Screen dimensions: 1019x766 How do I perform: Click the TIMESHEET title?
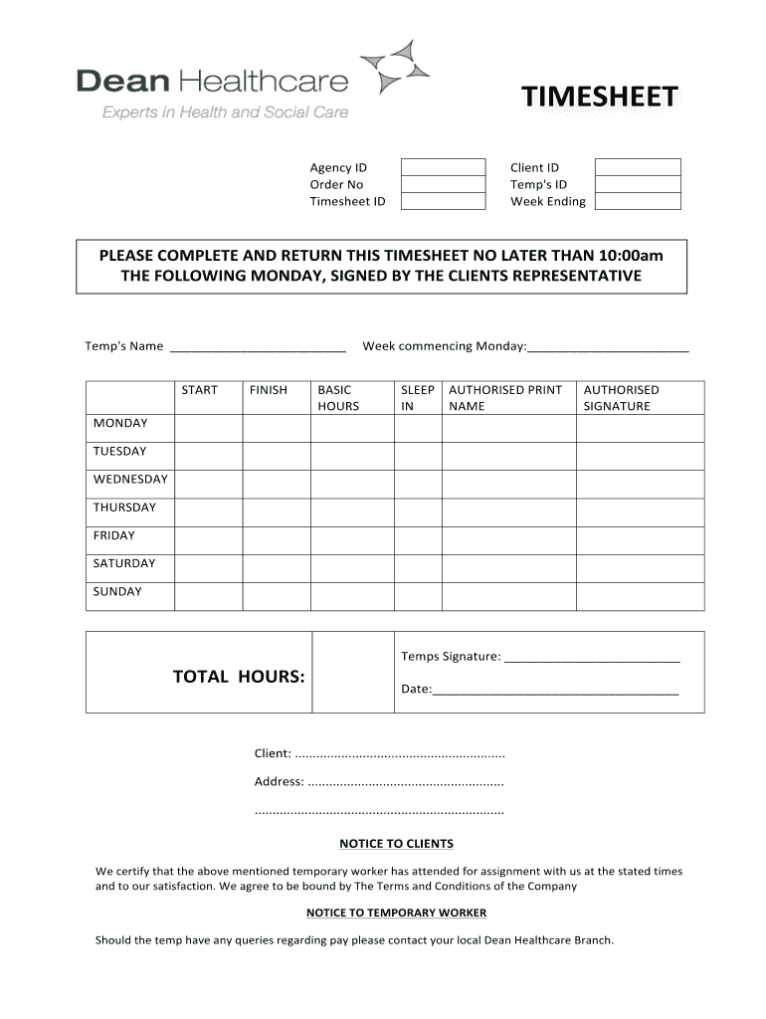[601, 98]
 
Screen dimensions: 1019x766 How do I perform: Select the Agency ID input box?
[443, 167]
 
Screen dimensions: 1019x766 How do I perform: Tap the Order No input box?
[443, 184]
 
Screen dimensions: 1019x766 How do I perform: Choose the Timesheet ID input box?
[443, 201]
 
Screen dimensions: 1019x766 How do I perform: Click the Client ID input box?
[638, 167]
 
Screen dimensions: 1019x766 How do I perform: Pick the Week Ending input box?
[638, 201]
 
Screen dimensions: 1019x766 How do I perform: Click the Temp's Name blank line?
[259, 346]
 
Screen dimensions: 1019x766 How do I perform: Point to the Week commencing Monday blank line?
[608, 346]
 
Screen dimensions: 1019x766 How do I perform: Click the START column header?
[199, 390]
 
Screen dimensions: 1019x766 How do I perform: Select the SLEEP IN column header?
[417, 398]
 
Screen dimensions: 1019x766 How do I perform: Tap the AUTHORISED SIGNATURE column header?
[621, 398]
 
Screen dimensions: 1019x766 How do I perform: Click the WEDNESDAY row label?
[130, 480]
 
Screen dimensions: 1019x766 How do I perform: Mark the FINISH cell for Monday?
[276, 428]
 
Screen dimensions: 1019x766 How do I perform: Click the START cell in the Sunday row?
[208, 596]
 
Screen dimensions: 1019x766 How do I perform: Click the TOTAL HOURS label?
[239, 677]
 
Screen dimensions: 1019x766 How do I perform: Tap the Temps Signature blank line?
[593, 657]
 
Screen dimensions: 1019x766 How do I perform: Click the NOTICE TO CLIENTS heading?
[396, 844]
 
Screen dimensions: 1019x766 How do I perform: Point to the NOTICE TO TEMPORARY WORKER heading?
[396, 913]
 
